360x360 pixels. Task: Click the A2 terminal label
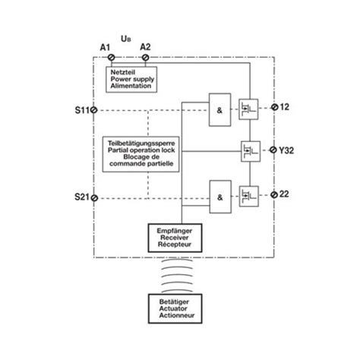tap(145, 48)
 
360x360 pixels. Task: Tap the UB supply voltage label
tap(125, 35)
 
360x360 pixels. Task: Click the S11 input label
tap(82, 109)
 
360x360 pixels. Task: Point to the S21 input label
tap(82, 197)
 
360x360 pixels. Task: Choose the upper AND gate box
tap(220, 111)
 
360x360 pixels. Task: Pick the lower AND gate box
tap(220, 197)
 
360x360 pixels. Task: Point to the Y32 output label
tap(288, 151)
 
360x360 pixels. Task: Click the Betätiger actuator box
tap(177, 311)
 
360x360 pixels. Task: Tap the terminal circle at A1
tap(112, 58)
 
